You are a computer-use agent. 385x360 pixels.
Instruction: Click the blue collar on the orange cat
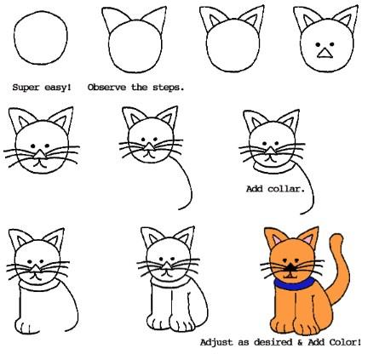coord(295,284)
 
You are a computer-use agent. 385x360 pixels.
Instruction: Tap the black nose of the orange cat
coord(290,267)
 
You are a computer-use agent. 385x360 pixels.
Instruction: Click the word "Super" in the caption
coord(26,87)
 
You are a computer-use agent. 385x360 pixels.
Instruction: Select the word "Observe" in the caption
coord(106,87)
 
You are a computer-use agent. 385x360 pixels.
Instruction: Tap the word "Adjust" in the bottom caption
coord(216,342)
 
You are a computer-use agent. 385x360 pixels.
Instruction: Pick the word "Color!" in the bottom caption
coord(345,342)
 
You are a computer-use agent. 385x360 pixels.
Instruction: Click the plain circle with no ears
coord(41,37)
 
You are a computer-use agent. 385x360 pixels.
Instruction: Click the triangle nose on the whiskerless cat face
coord(325,53)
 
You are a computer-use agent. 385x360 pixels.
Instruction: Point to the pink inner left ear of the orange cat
coord(276,240)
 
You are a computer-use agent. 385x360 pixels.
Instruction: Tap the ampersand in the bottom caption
coord(300,342)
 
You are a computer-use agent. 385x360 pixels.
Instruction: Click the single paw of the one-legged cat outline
coord(27,326)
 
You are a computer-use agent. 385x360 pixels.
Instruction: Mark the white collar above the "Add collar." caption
coord(273,168)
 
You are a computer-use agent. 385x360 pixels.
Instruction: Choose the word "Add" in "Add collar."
coord(254,189)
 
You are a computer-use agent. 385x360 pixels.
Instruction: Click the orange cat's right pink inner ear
coord(307,239)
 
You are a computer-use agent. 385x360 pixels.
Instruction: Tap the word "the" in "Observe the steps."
coord(139,87)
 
